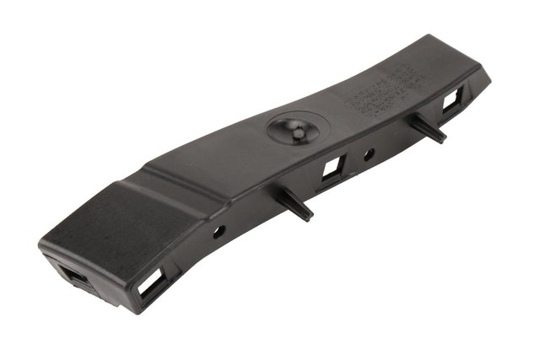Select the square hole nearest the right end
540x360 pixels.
(452, 100)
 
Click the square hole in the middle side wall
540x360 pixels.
(332, 169)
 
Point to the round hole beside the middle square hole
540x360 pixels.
(369, 154)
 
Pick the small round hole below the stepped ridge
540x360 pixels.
(218, 230)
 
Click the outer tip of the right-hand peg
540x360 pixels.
(443, 140)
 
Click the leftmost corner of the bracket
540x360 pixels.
(40, 246)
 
